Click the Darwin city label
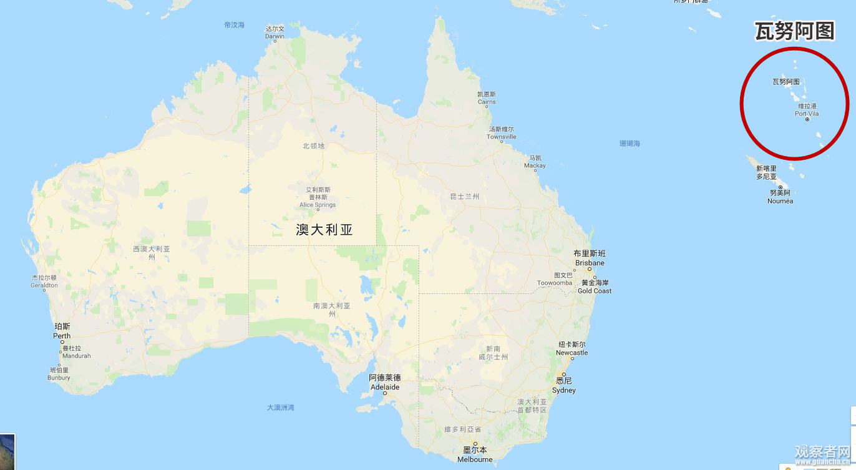pyautogui.click(x=275, y=32)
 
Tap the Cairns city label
pyautogui.click(x=487, y=98)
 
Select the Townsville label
pyautogui.click(x=502, y=133)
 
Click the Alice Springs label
pyautogui.click(x=318, y=197)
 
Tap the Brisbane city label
pyautogui.click(x=590, y=258)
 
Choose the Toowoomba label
pyautogui.click(x=555, y=279)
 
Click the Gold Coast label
pyautogui.click(x=594, y=287)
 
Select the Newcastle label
pyautogui.click(x=571, y=349)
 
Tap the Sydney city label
pyautogui.click(x=563, y=386)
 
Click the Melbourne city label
pyautogui.click(x=475, y=455)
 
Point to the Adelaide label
pyautogui.click(x=384, y=382)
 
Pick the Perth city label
pyautogui.click(x=62, y=331)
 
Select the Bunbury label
pyautogui.click(x=59, y=373)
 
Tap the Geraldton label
pyautogui.click(x=44, y=282)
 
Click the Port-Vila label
pyautogui.click(x=807, y=110)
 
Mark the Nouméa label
pyautogui.click(x=780, y=197)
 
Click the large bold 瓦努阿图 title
pyautogui.click(x=794, y=31)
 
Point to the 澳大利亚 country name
pyautogui.click(x=324, y=229)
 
